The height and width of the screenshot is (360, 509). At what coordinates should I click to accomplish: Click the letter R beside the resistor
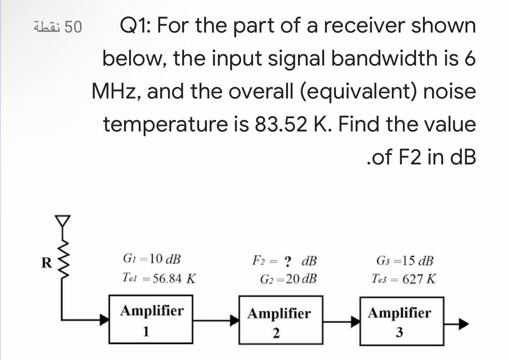click(x=46, y=263)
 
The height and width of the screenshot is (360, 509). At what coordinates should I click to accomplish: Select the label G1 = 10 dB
click(x=152, y=259)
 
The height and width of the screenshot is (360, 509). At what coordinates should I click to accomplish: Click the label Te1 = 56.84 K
click(x=159, y=278)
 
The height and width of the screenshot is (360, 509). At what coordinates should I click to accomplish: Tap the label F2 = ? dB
click(x=284, y=261)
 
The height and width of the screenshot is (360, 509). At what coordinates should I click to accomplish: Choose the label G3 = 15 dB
click(x=403, y=261)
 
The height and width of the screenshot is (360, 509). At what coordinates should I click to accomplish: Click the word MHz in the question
click(x=116, y=92)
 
